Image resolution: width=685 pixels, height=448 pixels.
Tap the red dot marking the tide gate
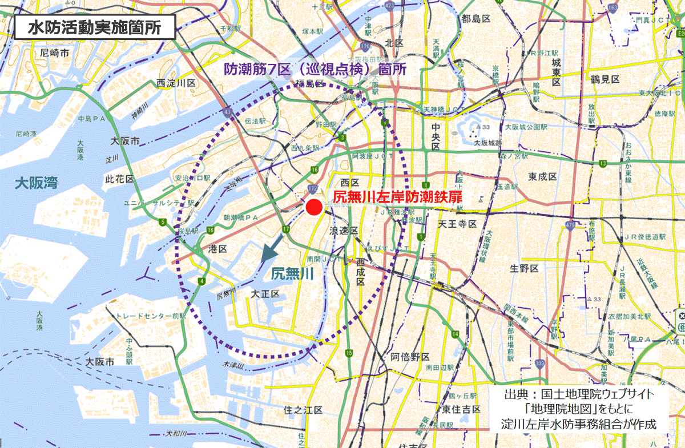(313, 207)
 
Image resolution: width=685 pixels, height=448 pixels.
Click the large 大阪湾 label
(37, 183)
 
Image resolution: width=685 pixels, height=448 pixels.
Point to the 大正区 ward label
(265, 294)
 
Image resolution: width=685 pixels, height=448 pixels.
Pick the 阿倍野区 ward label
(410, 357)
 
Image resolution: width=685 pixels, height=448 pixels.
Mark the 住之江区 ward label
(303, 410)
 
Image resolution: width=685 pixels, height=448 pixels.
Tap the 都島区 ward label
(477, 19)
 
